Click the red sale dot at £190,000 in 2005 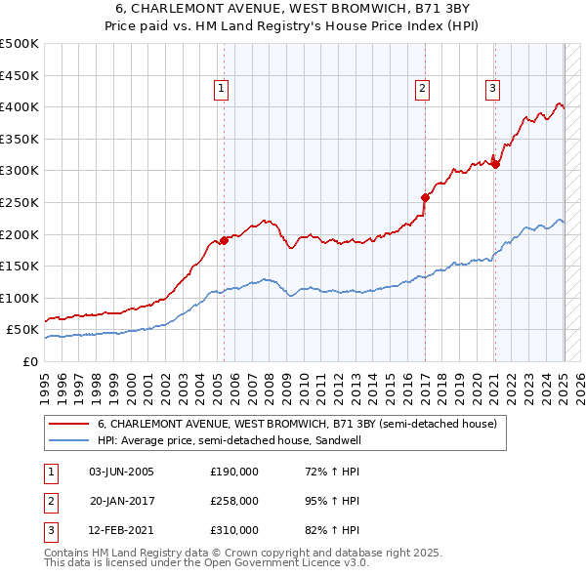224,240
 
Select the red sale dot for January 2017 425,197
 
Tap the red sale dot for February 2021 495,164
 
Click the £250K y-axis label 20,202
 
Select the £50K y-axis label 22,330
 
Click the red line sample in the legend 68,424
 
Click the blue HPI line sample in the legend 68,440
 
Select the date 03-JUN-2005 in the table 121,472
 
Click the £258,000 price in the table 234,501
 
